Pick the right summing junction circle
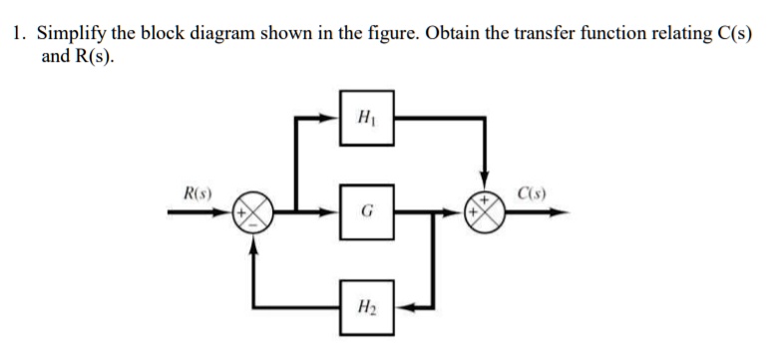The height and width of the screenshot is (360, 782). coord(486,212)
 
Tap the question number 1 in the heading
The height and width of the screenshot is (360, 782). coord(19,32)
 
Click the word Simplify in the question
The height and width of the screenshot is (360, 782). coord(74,32)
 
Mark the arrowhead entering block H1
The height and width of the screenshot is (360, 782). coord(332,117)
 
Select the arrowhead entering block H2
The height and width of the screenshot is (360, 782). coord(398,307)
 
